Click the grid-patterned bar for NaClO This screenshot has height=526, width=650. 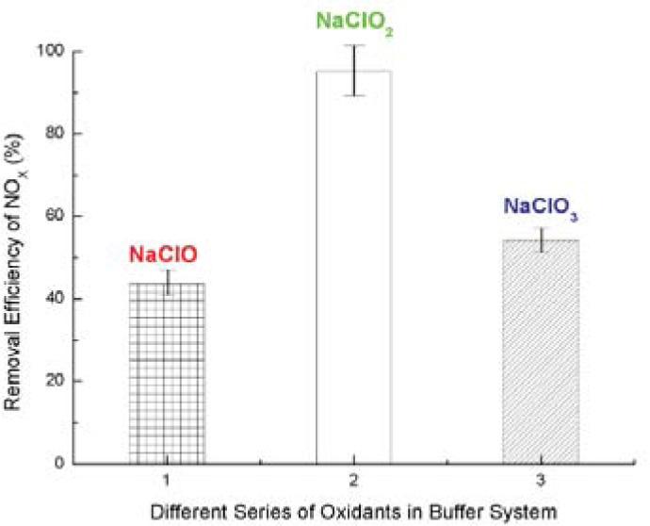pyautogui.click(x=166, y=373)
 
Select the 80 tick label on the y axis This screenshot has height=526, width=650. pyautogui.click(x=68, y=134)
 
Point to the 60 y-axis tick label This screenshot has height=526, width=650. pyautogui.click(x=68, y=216)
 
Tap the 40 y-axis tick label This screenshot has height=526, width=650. pyautogui.click(x=68, y=299)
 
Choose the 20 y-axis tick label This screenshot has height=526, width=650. pyautogui.click(x=68, y=381)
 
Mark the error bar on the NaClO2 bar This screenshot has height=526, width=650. pyautogui.click(x=353, y=70)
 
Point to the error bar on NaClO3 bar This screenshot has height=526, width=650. pyautogui.click(x=540, y=239)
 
